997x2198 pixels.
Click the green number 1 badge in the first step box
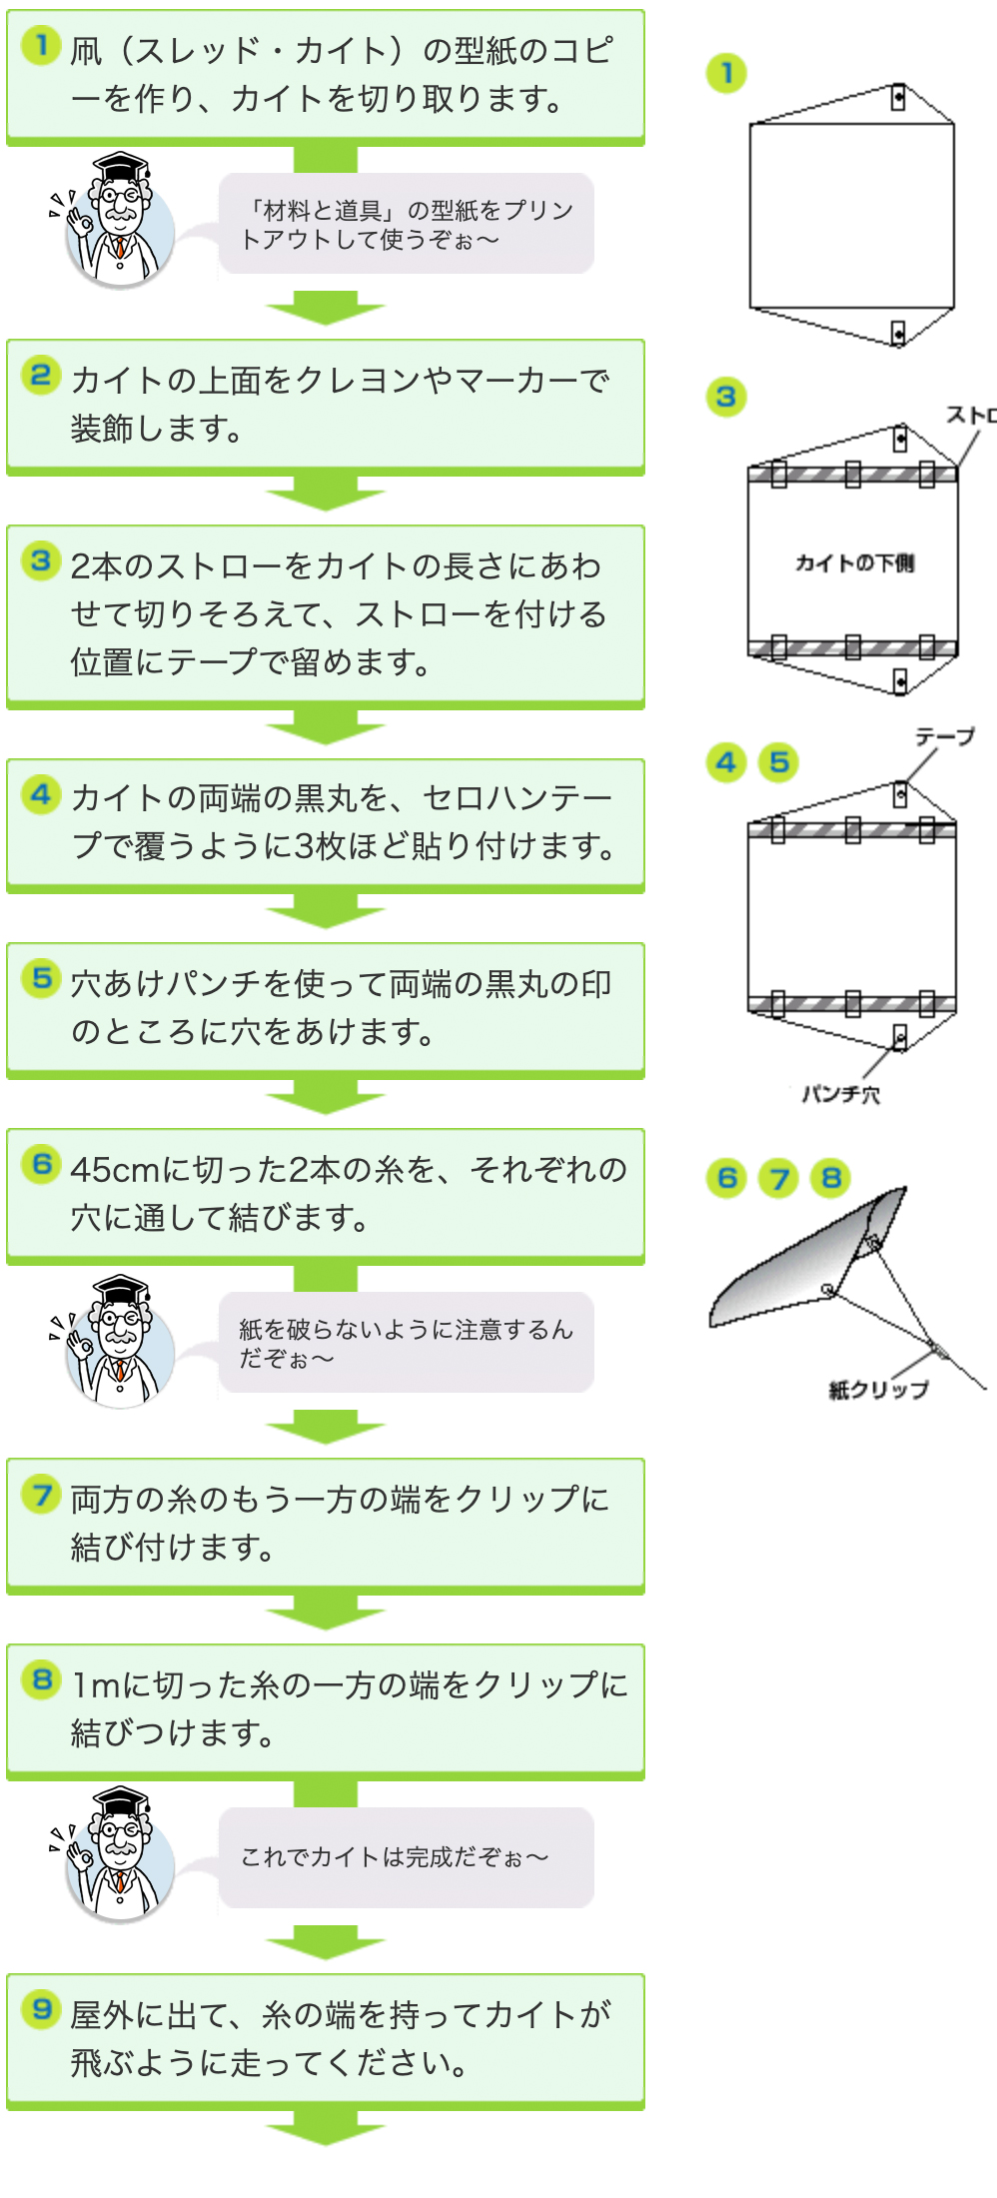(x=41, y=45)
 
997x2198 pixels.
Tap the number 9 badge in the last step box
(x=41, y=2008)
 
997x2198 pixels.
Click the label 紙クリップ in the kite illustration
(x=879, y=1389)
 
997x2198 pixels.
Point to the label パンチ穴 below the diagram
(x=841, y=1094)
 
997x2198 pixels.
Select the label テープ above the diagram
(x=945, y=736)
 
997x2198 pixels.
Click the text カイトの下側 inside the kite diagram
(x=854, y=562)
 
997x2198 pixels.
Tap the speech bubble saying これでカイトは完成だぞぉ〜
(x=407, y=1857)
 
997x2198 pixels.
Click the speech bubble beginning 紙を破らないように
(x=407, y=1343)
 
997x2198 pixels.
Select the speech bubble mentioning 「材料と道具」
(x=407, y=224)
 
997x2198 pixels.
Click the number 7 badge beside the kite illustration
(x=779, y=1179)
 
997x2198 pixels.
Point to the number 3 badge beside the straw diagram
(x=726, y=398)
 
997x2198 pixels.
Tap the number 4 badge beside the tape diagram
(x=726, y=763)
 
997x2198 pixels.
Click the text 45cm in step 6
(x=115, y=1169)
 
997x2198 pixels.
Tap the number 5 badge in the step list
(x=41, y=977)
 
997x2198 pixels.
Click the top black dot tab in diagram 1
(x=898, y=98)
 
